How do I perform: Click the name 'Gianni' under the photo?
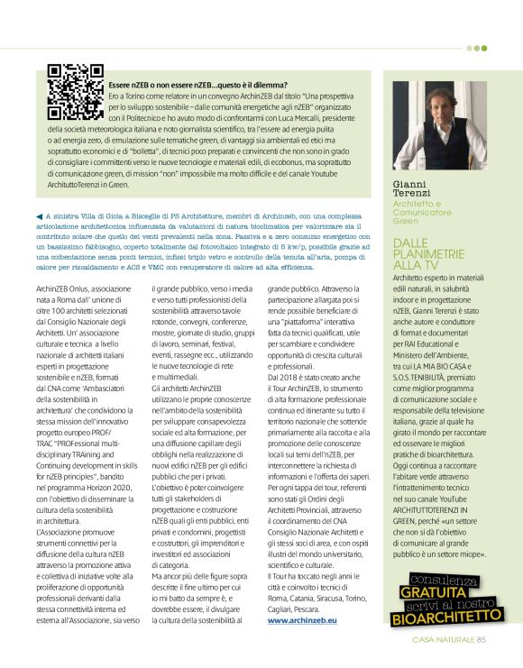413,184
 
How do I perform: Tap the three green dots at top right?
477,48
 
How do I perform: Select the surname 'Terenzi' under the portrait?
416,193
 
